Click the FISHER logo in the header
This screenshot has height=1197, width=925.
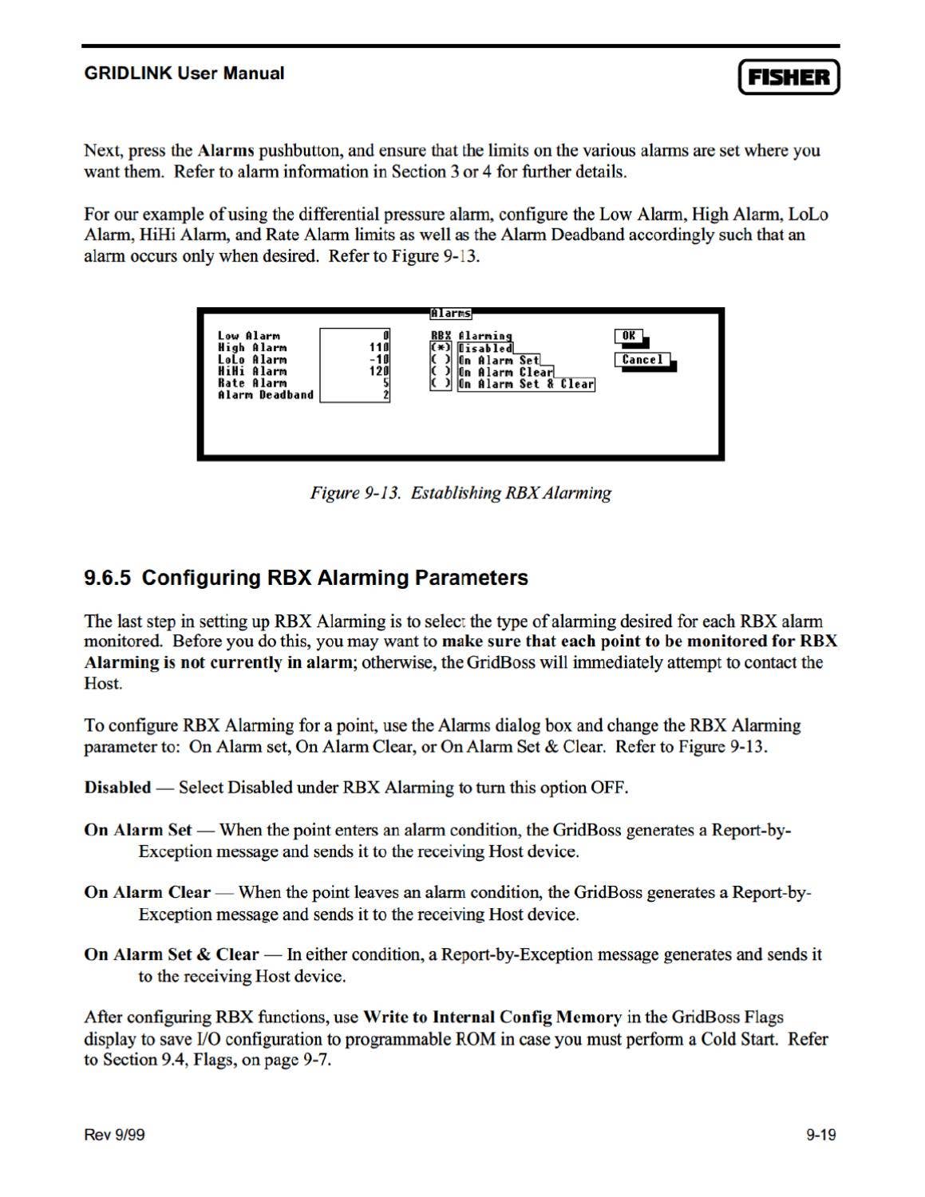(789, 77)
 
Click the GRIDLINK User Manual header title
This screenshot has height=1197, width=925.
(184, 73)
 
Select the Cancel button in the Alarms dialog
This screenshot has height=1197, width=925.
(642, 360)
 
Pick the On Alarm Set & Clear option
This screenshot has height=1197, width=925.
(526, 384)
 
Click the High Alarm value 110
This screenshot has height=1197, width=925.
(378, 348)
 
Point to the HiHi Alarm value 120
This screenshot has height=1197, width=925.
(378, 371)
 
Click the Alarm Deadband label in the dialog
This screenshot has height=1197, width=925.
(266, 395)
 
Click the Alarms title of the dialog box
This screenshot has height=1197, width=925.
(451, 314)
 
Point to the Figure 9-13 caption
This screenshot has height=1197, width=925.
(461, 492)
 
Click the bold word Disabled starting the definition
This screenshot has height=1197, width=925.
(117, 788)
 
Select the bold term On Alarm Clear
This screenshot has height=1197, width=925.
(147, 892)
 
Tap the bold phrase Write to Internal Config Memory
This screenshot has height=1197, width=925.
(492, 1017)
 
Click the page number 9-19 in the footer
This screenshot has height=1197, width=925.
(820, 1135)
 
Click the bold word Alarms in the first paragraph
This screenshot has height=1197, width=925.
(226, 151)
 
